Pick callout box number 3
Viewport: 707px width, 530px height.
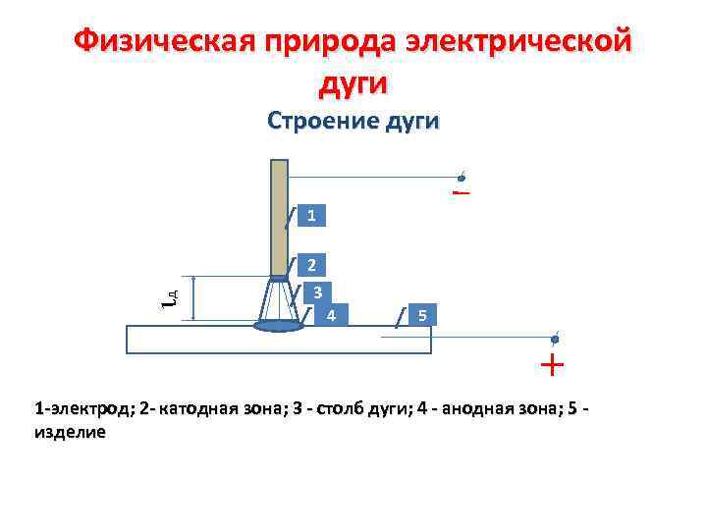click(x=317, y=292)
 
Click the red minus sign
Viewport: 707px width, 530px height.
click(x=462, y=192)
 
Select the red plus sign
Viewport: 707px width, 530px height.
click(x=552, y=366)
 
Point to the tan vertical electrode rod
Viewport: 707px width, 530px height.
click(x=279, y=218)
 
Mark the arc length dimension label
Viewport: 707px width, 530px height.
click(x=169, y=296)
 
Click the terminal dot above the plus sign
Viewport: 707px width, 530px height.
click(x=555, y=339)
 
